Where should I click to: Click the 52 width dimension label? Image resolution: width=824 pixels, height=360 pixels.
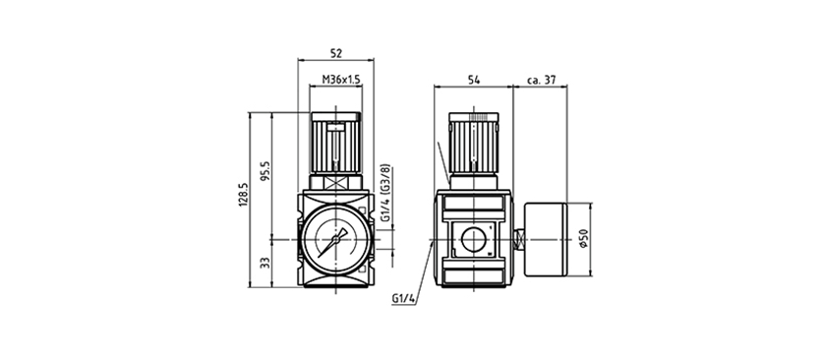coord(336,53)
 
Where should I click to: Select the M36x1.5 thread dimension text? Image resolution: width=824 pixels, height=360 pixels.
coord(341,80)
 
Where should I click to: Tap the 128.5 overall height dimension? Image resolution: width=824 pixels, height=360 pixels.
coord(243,195)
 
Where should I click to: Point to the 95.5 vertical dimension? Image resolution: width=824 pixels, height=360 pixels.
coord(265,171)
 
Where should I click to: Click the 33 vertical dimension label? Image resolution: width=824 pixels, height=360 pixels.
coord(265,263)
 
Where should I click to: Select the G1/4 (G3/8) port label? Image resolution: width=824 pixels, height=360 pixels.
coord(386,194)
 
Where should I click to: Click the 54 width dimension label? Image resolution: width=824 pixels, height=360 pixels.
coord(474,80)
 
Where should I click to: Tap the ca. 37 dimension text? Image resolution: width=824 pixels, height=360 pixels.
coord(541,80)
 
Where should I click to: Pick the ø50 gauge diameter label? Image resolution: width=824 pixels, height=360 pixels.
coord(584,238)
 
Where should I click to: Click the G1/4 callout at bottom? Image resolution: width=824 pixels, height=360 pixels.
coord(403,299)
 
